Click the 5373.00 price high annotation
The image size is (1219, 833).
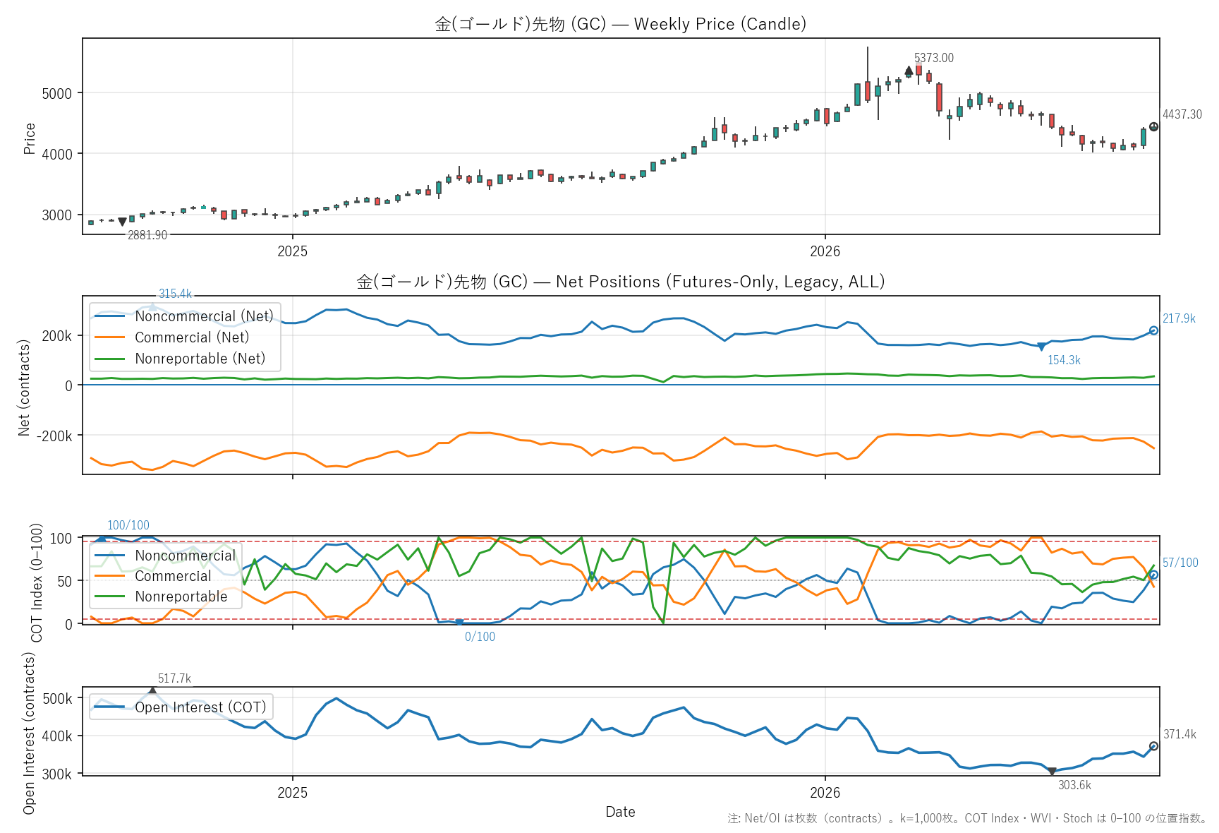[x=933, y=58]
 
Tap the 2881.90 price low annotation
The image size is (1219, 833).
[x=147, y=235]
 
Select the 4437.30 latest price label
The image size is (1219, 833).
[x=1182, y=114]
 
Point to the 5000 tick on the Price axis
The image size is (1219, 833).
[x=56, y=93]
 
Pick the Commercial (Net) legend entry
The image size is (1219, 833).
[x=192, y=337]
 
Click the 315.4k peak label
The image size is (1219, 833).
[x=175, y=294]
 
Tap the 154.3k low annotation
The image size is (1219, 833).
[x=1064, y=360]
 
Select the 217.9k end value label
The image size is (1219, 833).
[x=1179, y=318]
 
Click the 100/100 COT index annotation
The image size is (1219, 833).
[x=128, y=525]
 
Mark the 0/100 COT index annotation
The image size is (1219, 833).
[x=480, y=637]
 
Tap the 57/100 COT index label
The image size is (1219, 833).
[x=1180, y=563]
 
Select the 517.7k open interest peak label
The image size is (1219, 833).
[x=174, y=678]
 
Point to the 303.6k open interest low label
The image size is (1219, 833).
[x=1074, y=785]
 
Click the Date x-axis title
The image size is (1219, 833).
[x=620, y=812]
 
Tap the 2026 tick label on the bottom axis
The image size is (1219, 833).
[x=825, y=793]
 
